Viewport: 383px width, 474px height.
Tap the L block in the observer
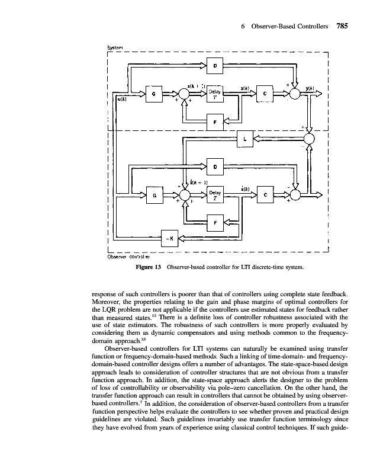pos(244,139)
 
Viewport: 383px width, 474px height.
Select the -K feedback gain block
pos(170,239)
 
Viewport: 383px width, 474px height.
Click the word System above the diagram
pos(114,48)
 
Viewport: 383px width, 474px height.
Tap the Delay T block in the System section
pos(214,94)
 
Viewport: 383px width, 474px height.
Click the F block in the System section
pos(214,122)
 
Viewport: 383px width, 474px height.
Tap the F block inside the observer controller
pos(214,223)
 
